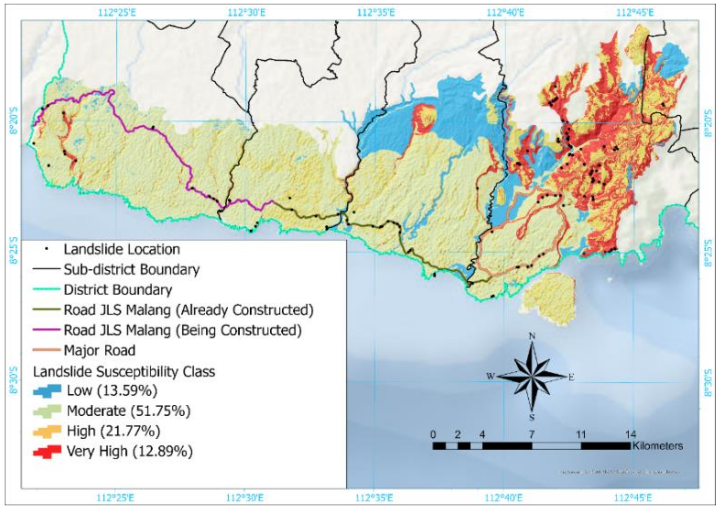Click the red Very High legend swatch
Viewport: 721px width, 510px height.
pyautogui.click(x=47, y=451)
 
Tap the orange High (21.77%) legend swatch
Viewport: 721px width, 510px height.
pyautogui.click(x=47, y=431)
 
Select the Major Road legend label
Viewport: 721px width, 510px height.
pyautogui.click(x=100, y=350)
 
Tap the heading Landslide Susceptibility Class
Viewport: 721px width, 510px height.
pyautogui.click(x=124, y=372)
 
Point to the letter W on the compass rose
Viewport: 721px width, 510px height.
pyautogui.click(x=490, y=376)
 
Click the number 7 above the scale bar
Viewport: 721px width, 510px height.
pyautogui.click(x=531, y=435)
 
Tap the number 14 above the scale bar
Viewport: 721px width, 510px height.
pyautogui.click(x=631, y=435)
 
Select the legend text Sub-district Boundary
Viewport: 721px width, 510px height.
pyautogui.click(x=132, y=269)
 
